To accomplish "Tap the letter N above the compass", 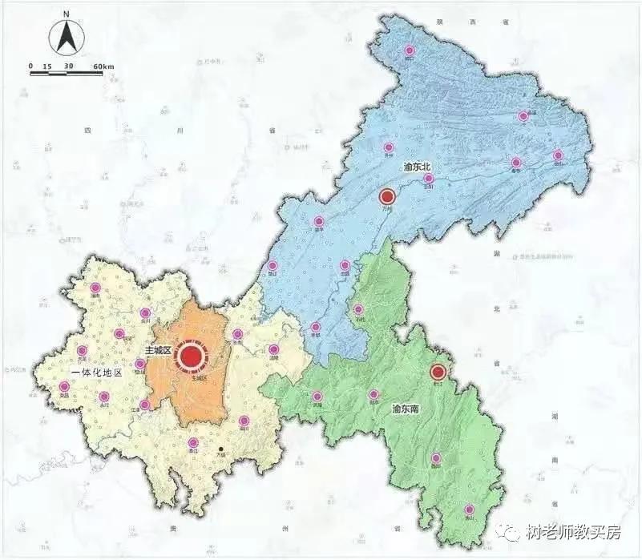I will coord(67,14).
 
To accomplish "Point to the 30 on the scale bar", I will coord(69,65).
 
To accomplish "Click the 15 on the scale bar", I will coord(47,65).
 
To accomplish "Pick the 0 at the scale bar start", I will coord(31,65).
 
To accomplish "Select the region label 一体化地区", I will coord(97,373).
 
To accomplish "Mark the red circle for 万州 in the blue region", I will coord(388,196).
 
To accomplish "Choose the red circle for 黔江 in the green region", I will coord(438,372).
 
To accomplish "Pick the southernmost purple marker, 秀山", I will coord(470,510).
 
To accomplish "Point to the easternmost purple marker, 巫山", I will coord(558,155).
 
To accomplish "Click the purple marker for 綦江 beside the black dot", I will coord(192,442).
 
